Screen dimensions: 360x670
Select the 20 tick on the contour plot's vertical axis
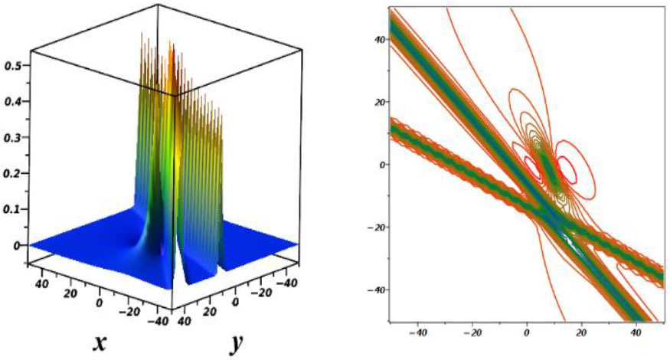[377, 102]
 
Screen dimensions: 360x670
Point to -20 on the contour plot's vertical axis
[374, 227]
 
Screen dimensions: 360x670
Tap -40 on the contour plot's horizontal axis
[419, 334]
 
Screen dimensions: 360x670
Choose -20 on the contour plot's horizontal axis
[474, 334]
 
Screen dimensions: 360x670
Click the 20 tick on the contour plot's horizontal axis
[581, 334]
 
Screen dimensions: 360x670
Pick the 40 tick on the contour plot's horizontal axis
[636, 334]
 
